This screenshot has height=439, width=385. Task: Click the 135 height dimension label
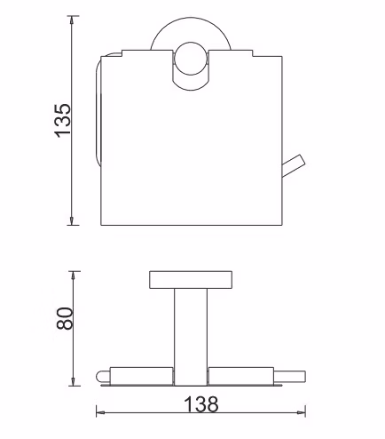[63, 120]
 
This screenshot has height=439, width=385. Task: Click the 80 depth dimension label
[64, 318]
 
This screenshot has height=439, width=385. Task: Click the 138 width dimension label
[201, 403]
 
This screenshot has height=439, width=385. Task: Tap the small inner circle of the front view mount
[191, 59]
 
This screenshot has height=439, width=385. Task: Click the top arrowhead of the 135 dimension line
[71, 20]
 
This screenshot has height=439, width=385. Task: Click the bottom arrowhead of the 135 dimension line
[71, 220]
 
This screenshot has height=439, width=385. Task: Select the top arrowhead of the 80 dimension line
[74, 275]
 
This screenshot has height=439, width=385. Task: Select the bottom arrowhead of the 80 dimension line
[74, 381]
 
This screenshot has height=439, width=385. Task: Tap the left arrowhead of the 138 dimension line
[101, 412]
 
